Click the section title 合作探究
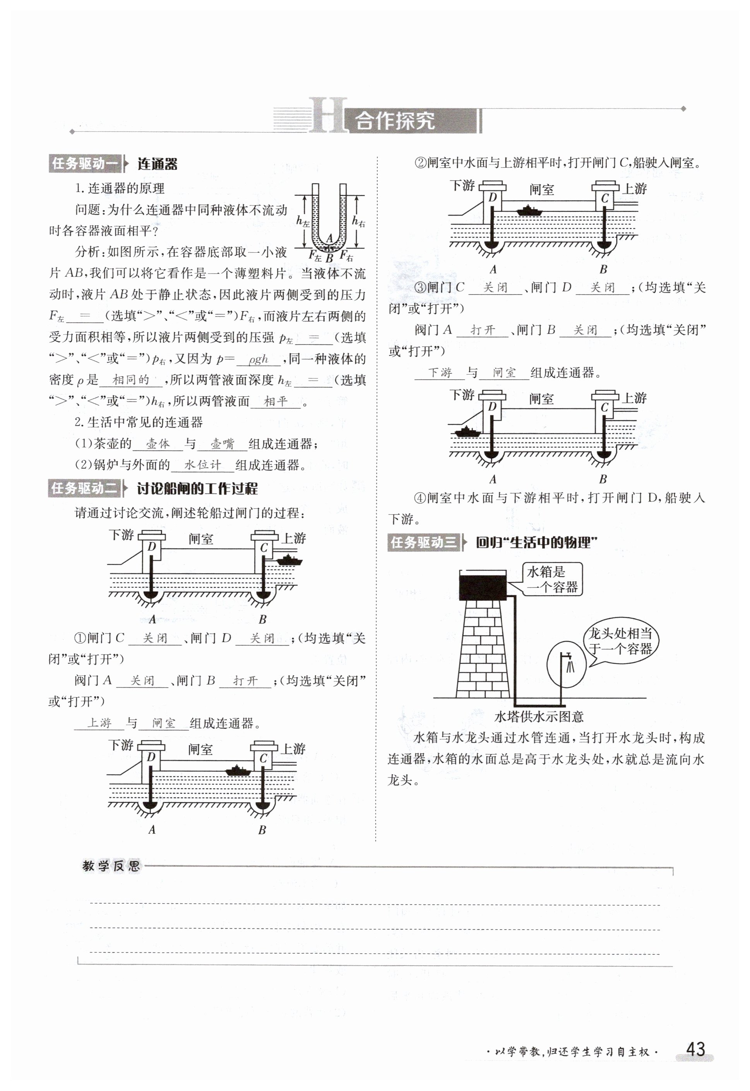pyautogui.click(x=394, y=121)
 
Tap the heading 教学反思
pyautogui.click(x=111, y=865)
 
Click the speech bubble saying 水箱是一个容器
pyautogui.click(x=552, y=579)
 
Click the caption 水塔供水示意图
pyautogui.click(x=539, y=716)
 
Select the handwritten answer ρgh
pyautogui.click(x=258, y=360)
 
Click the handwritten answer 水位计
pyautogui.click(x=202, y=465)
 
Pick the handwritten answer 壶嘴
pyautogui.click(x=222, y=444)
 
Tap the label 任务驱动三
pyautogui.click(x=423, y=543)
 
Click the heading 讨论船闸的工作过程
pyautogui.click(x=197, y=489)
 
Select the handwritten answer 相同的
pyautogui.click(x=131, y=380)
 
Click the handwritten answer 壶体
pyautogui.click(x=158, y=444)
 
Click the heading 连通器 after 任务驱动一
pyautogui.click(x=158, y=164)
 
